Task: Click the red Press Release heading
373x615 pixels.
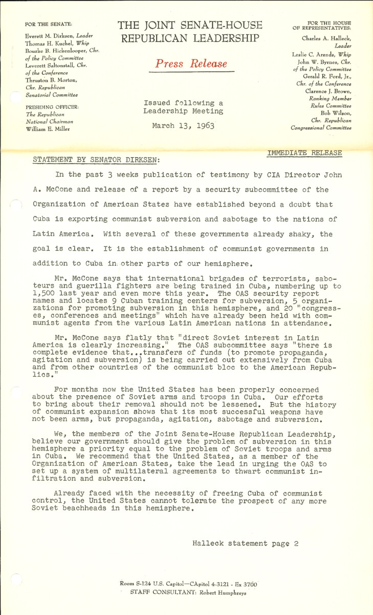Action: tap(191, 64)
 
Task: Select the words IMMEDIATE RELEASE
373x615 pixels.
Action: tap(304, 153)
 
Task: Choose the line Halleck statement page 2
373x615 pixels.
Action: tap(246, 543)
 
